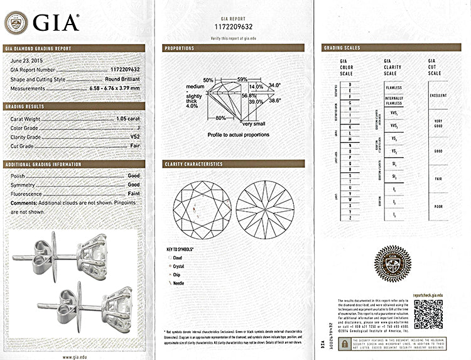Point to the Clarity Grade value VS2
point(135,136)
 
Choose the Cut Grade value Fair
point(134,146)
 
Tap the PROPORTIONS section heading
point(180,48)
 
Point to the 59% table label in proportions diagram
point(242,79)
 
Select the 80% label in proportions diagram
point(220,118)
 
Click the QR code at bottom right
point(428,312)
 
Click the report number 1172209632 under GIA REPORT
point(233,28)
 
